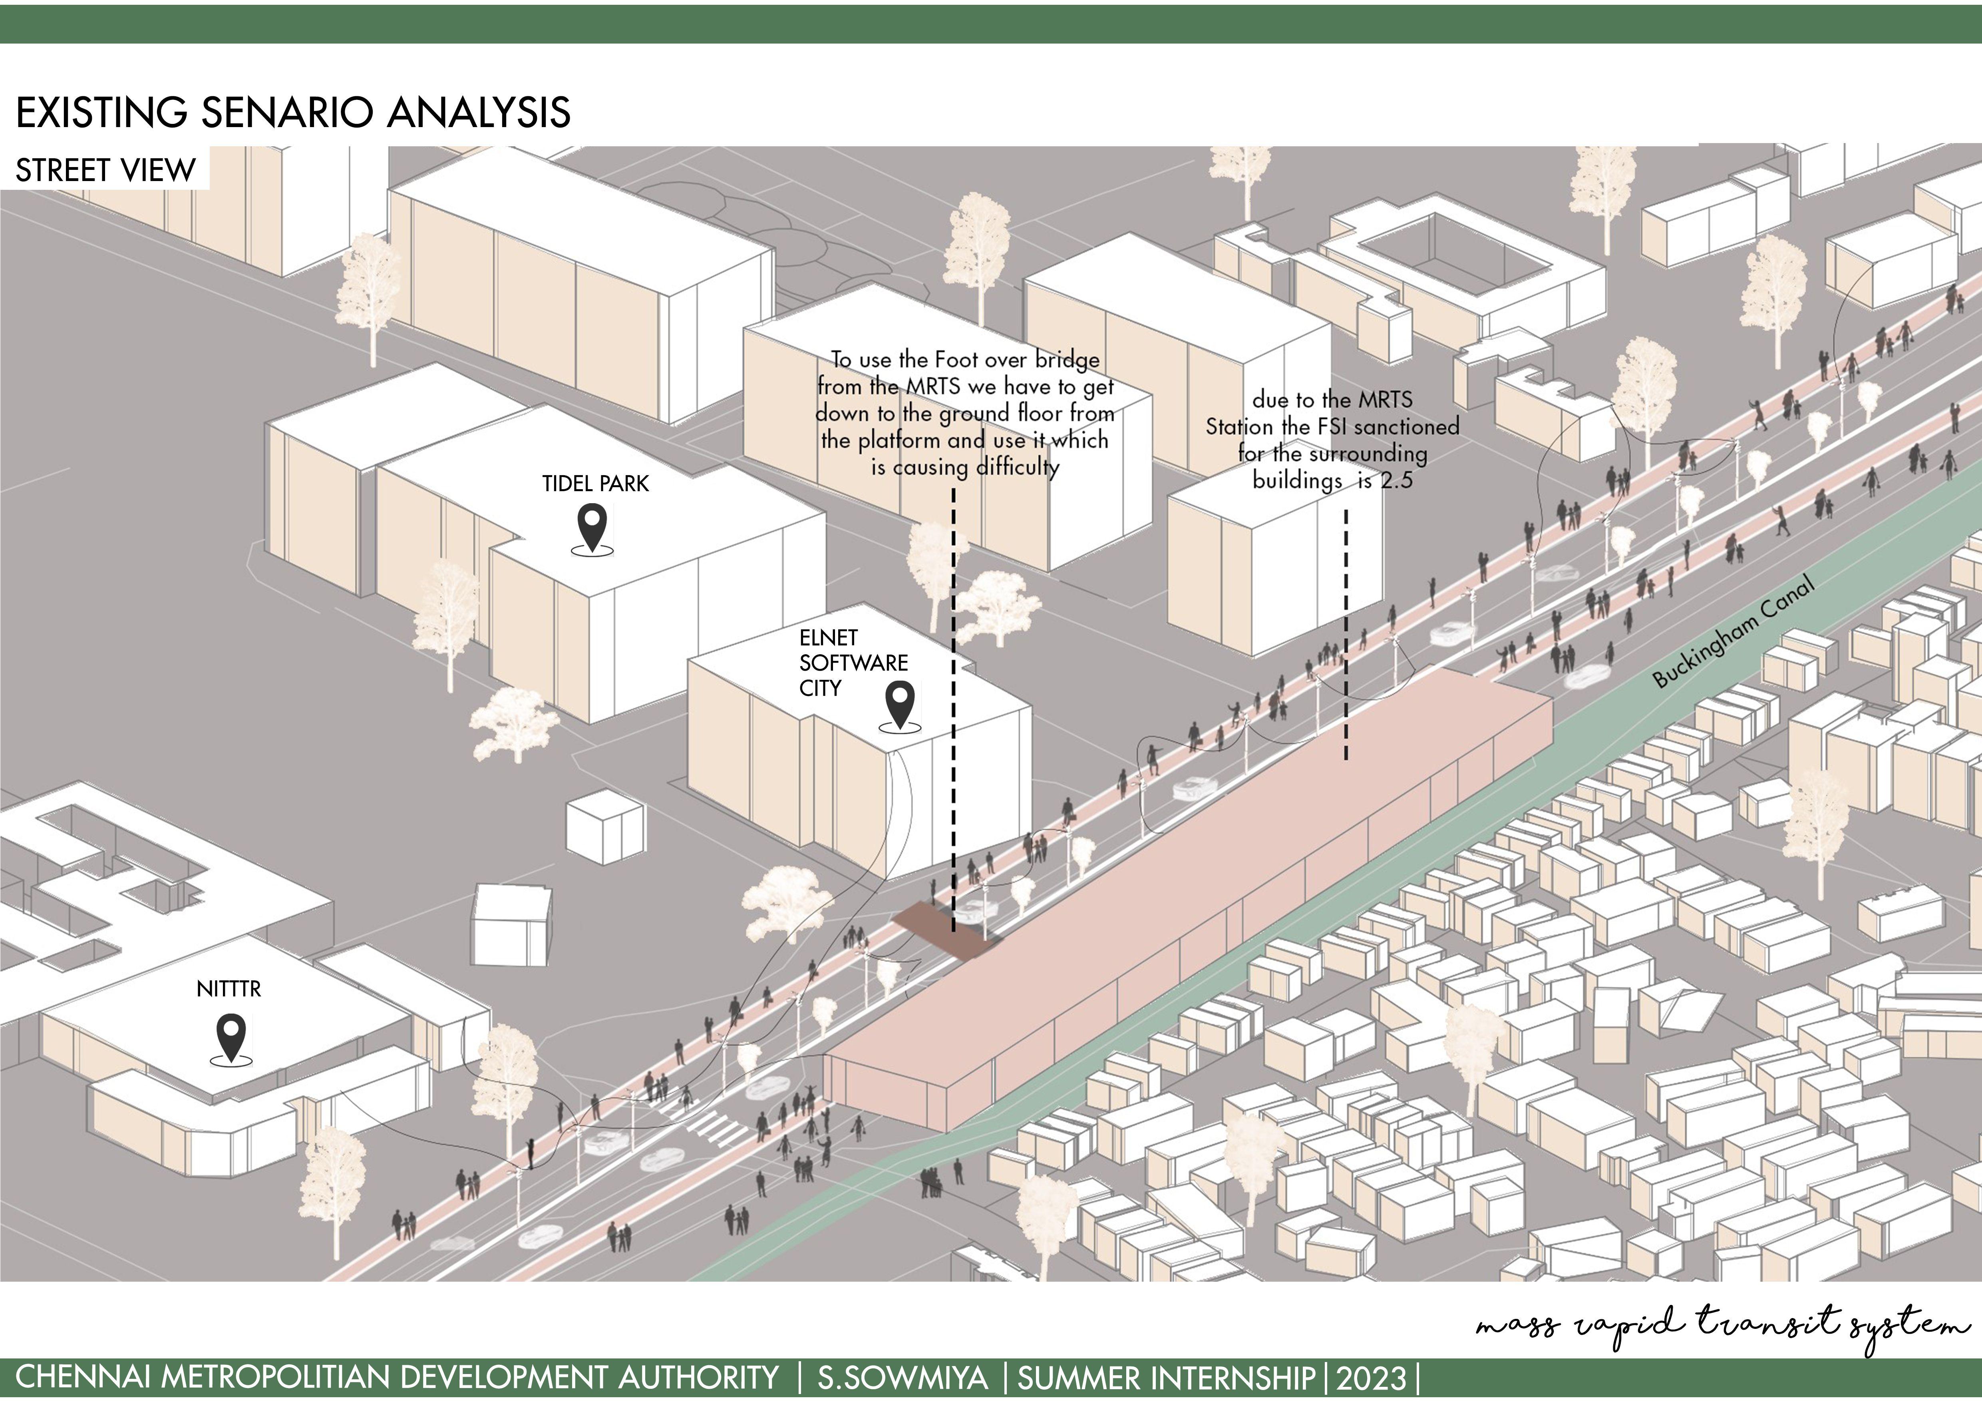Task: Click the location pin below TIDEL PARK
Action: point(593,528)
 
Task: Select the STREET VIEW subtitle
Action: point(105,170)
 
